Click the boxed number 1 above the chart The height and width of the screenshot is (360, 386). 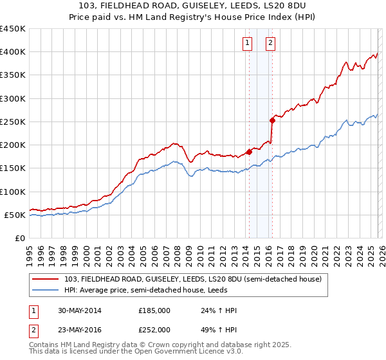pos(248,43)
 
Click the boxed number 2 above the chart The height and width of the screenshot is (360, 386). pos(270,43)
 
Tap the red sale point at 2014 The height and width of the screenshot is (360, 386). pos(249,152)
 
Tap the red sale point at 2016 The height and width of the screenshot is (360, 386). pos(272,120)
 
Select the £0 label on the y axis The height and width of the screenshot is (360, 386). pos(20,238)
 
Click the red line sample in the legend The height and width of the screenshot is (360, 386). pos(46,278)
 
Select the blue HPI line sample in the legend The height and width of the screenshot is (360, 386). pos(46,290)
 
